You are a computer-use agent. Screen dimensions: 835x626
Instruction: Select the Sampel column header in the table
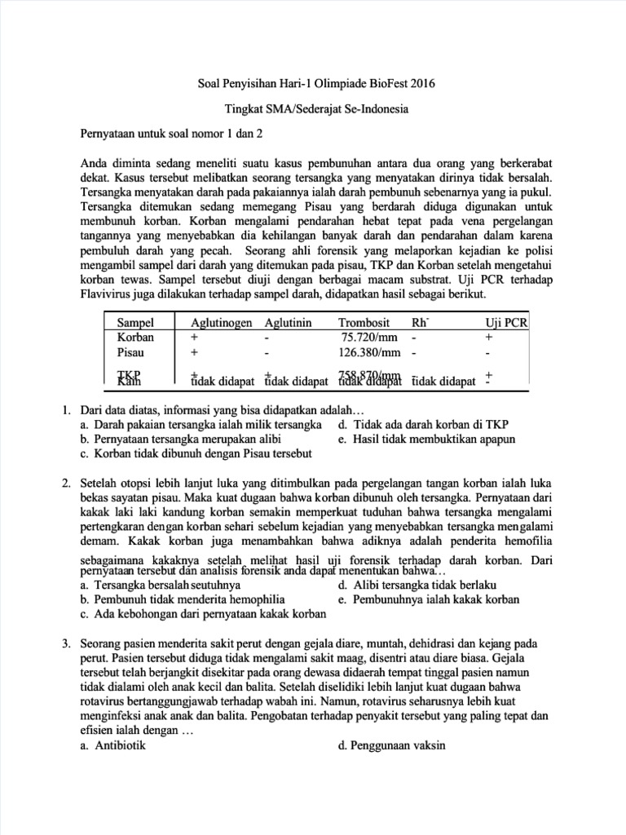pyautogui.click(x=135, y=322)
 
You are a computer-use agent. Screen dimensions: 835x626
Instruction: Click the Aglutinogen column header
pyautogui.click(x=222, y=322)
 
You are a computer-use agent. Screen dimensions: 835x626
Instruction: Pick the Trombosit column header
pyautogui.click(x=365, y=322)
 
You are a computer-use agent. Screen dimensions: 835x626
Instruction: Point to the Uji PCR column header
pyautogui.click(x=506, y=322)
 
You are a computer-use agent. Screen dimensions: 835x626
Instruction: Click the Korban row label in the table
pyautogui.click(x=135, y=337)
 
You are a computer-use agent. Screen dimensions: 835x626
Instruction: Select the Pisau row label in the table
pyautogui.click(x=131, y=352)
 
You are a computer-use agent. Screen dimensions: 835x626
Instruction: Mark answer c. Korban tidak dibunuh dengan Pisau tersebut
pyautogui.click(x=196, y=453)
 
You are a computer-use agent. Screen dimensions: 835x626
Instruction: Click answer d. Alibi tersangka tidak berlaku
pyautogui.click(x=416, y=585)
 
